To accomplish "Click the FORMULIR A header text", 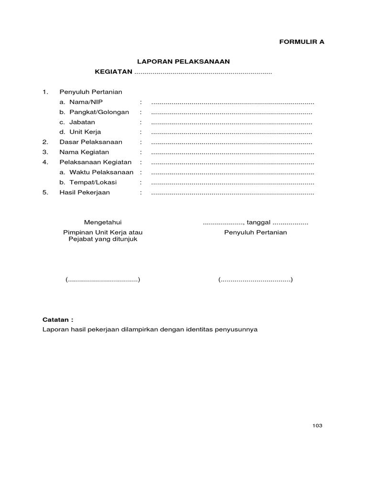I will point(302,42).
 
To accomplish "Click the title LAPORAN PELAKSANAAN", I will point(184,62).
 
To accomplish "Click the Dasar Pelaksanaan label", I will point(91,142).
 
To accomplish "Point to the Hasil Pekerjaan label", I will point(85,192).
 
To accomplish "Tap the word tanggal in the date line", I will point(258,223).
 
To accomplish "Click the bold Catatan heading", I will point(58,319).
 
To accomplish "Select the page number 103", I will point(318,425).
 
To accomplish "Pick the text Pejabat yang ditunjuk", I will point(103,239).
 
